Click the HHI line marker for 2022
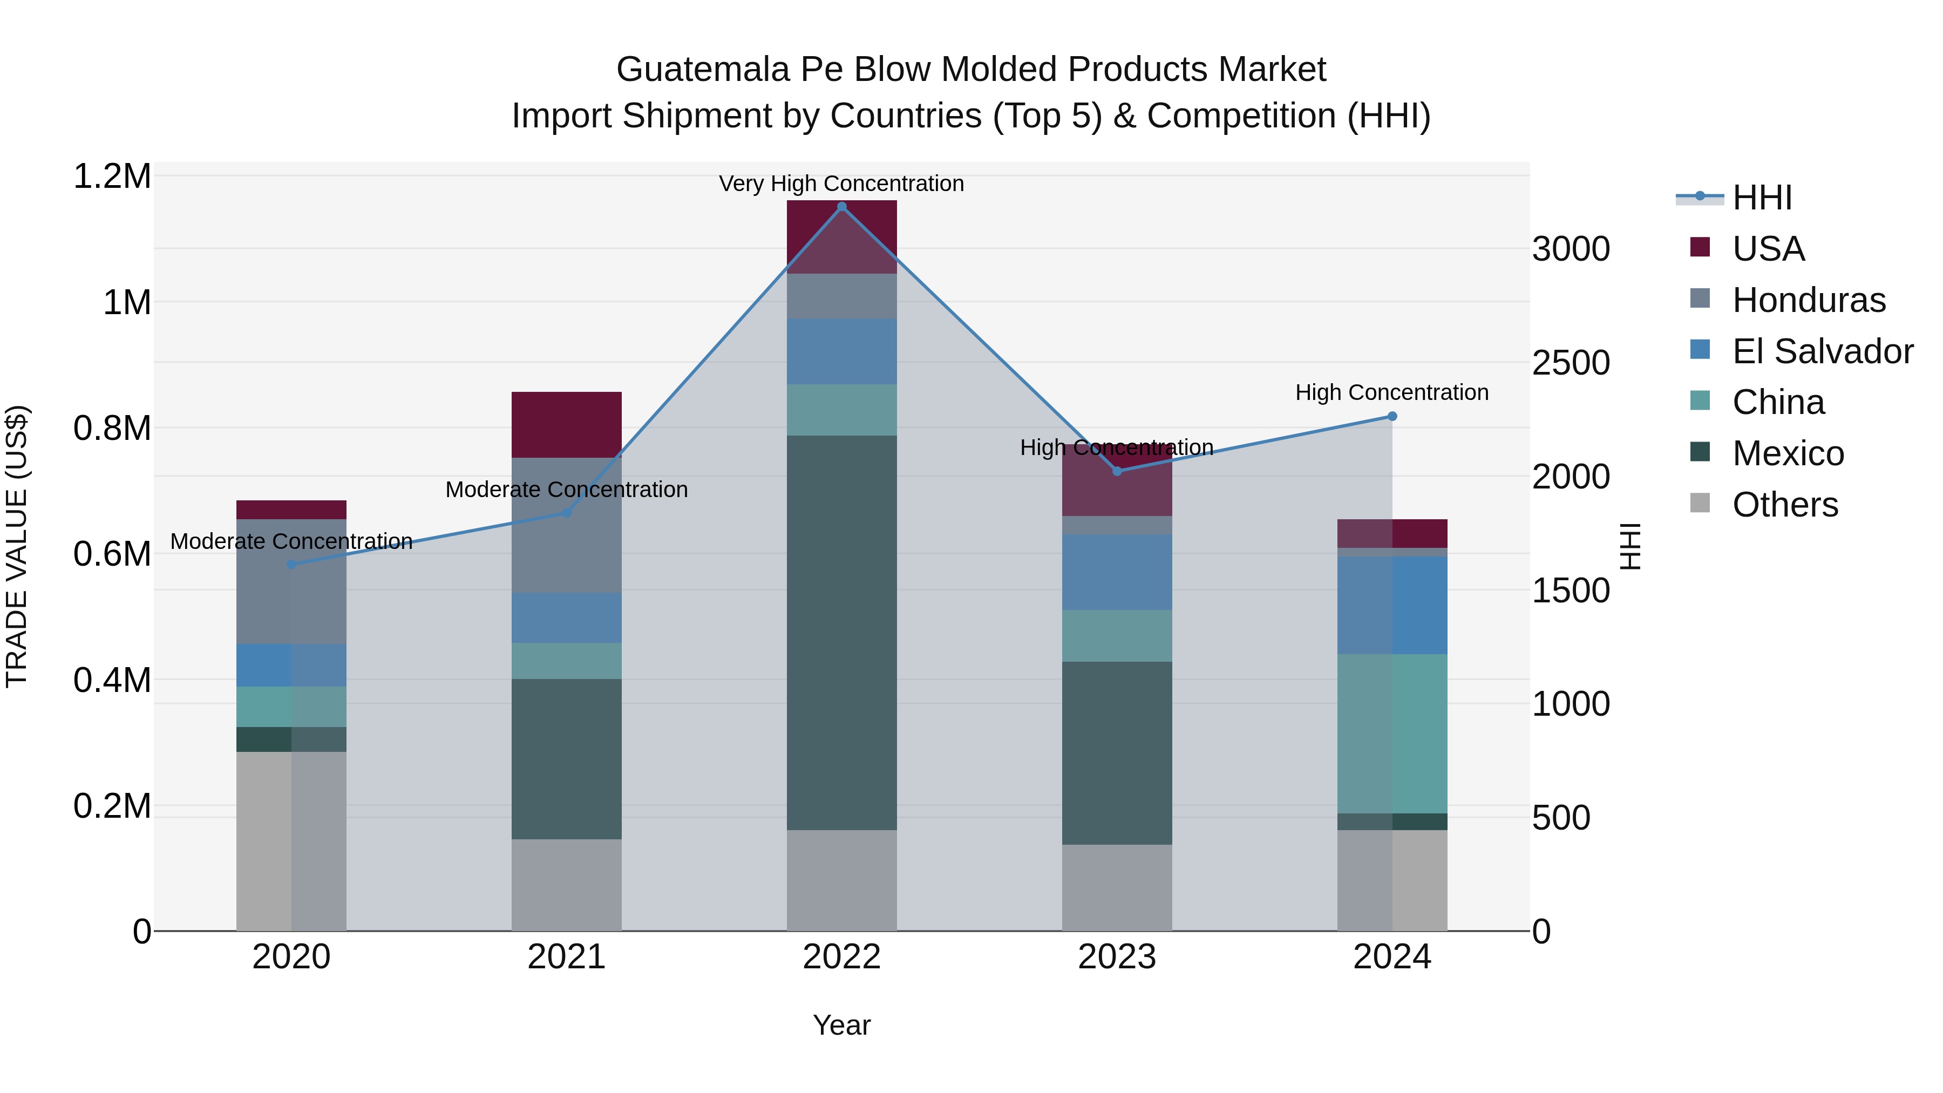(842, 207)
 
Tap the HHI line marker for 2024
(1392, 416)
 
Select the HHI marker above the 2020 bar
(291, 564)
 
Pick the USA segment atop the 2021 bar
(567, 425)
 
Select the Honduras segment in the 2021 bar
(567, 525)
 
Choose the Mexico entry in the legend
(1788, 453)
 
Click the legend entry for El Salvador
(1822, 351)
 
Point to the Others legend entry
(1785, 505)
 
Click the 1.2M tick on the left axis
(112, 176)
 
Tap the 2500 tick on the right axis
(1571, 363)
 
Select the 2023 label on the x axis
(1117, 957)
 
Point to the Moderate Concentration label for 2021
(567, 490)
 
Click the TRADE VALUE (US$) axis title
(17, 546)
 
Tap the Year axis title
(842, 1025)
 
